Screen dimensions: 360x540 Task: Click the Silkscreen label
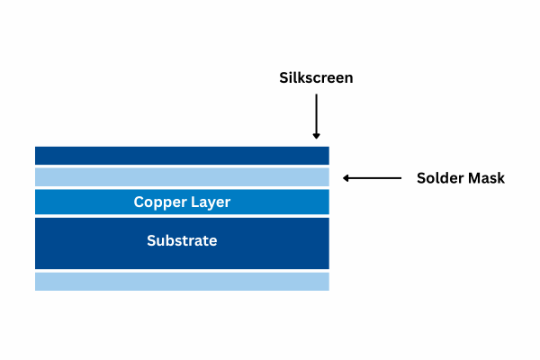(315, 78)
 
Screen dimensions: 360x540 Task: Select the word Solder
(438, 178)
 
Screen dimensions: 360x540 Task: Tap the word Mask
(485, 178)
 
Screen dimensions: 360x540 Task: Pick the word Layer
(209, 202)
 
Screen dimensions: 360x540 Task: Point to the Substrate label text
(182, 241)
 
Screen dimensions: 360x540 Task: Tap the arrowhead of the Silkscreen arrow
(316, 135)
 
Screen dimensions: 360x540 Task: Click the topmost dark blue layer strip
(182, 156)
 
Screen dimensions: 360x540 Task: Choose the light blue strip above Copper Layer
(182, 177)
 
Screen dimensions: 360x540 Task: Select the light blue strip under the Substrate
(182, 282)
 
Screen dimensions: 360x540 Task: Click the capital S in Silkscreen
(282, 78)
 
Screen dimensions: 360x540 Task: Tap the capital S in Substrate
(151, 241)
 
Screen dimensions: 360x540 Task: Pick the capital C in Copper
(139, 202)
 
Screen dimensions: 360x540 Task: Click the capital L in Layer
(193, 202)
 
